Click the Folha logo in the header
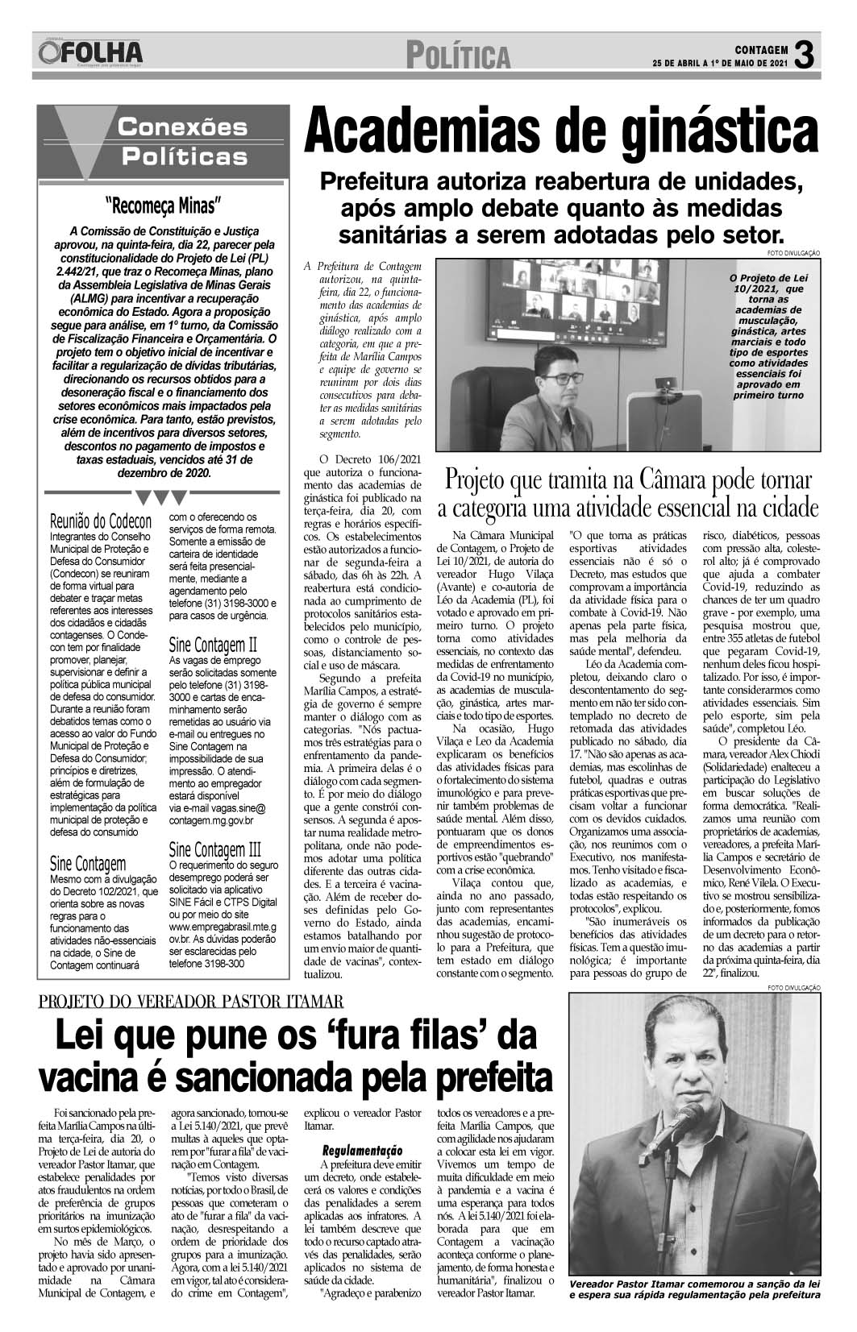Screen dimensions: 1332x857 (89, 53)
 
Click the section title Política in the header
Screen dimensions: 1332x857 (458, 56)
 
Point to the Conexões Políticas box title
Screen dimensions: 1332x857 (181, 141)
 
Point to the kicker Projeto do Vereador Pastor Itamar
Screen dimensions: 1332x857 (191, 1002)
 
